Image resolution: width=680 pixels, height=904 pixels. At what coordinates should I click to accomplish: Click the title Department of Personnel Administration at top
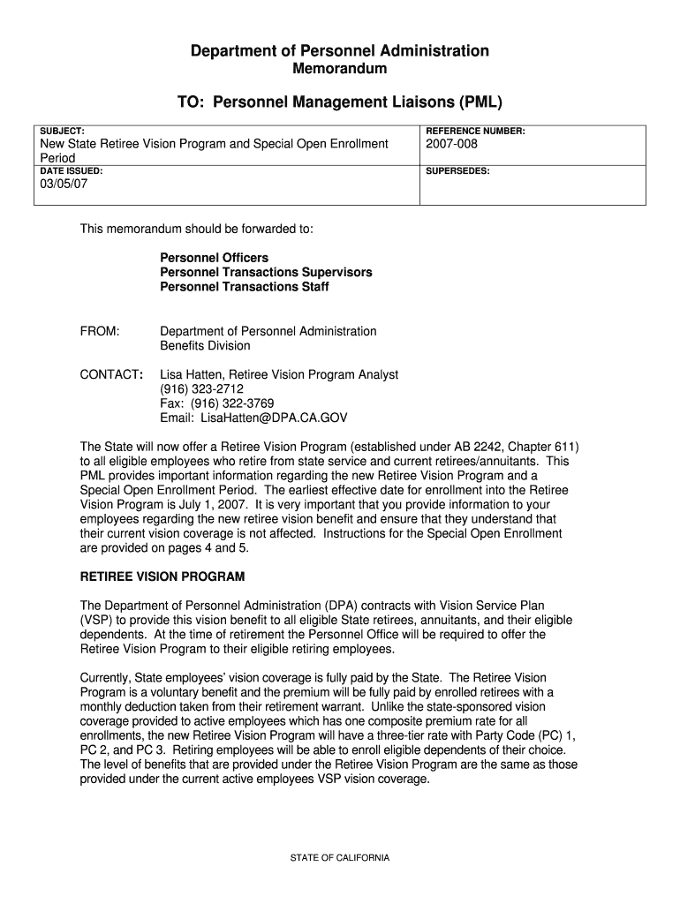coord(340,51)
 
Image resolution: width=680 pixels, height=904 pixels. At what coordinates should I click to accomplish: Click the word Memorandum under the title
coord(340,69)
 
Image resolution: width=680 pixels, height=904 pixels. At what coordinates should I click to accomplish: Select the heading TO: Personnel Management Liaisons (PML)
coord(340,102)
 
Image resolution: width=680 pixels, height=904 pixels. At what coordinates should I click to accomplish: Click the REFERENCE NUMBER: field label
coord(475,131)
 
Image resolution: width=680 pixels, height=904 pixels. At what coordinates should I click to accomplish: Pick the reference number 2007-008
coord(452,144)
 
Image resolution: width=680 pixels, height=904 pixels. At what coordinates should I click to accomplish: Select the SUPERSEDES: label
coord(457,170)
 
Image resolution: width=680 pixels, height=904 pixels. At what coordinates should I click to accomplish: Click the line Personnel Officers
coord(214,258)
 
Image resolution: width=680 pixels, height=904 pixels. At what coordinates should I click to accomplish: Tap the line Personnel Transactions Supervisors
coord(266,272)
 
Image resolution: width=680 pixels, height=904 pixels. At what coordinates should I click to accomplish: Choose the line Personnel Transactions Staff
coord(245,287)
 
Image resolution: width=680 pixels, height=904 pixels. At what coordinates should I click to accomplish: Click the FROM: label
coord(100,331)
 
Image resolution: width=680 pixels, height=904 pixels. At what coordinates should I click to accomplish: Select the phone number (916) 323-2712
coord(201,389)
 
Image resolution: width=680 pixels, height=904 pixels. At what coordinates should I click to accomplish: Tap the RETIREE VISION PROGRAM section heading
coord(162,576)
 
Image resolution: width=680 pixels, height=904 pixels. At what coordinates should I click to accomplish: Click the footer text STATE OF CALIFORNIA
coord(340,858)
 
